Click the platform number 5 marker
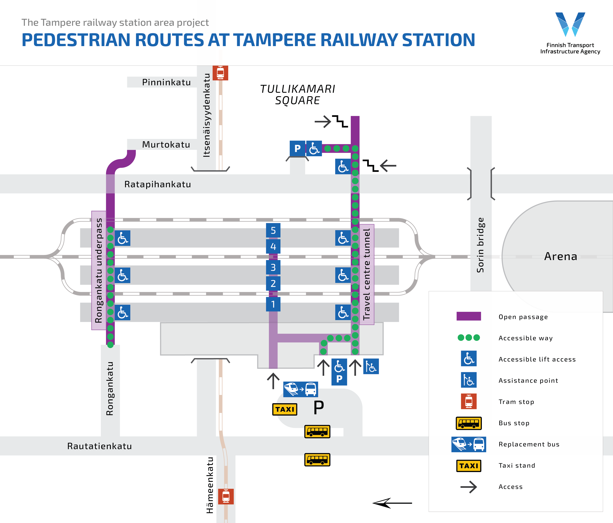273,230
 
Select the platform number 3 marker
273,267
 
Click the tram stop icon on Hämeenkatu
226,496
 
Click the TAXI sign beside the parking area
285,409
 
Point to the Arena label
561,256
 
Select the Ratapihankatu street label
157,184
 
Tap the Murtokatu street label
166,144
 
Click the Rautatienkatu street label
99,446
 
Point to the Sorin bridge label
480,245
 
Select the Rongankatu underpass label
99,270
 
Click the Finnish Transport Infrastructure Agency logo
570,33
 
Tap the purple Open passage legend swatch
469,316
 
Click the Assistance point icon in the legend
469,380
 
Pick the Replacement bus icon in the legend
469,444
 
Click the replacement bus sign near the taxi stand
301,389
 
